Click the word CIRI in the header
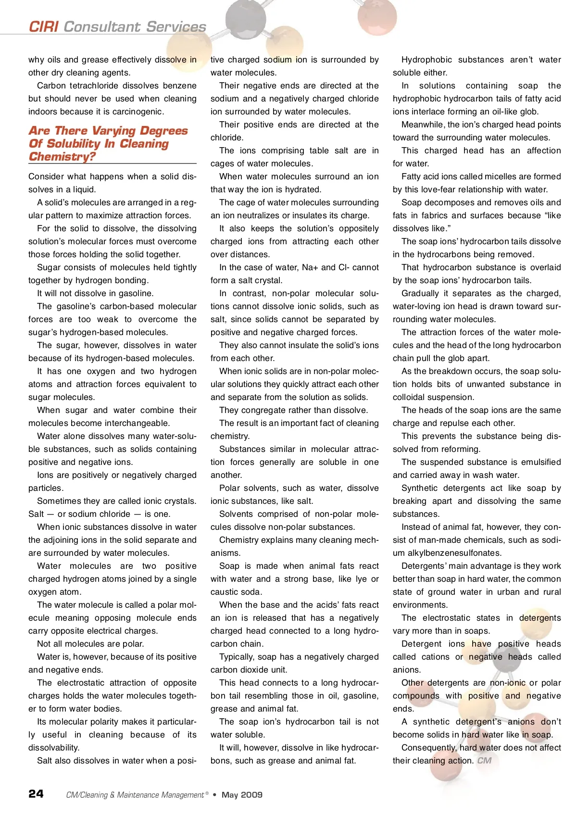[x=44, y=27]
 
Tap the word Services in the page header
[x=176, y=27]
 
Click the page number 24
[x=36, y=794]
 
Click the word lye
[x=361, y=579]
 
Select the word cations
[x=436, y=657]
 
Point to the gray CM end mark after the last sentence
[x=484, y=761]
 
